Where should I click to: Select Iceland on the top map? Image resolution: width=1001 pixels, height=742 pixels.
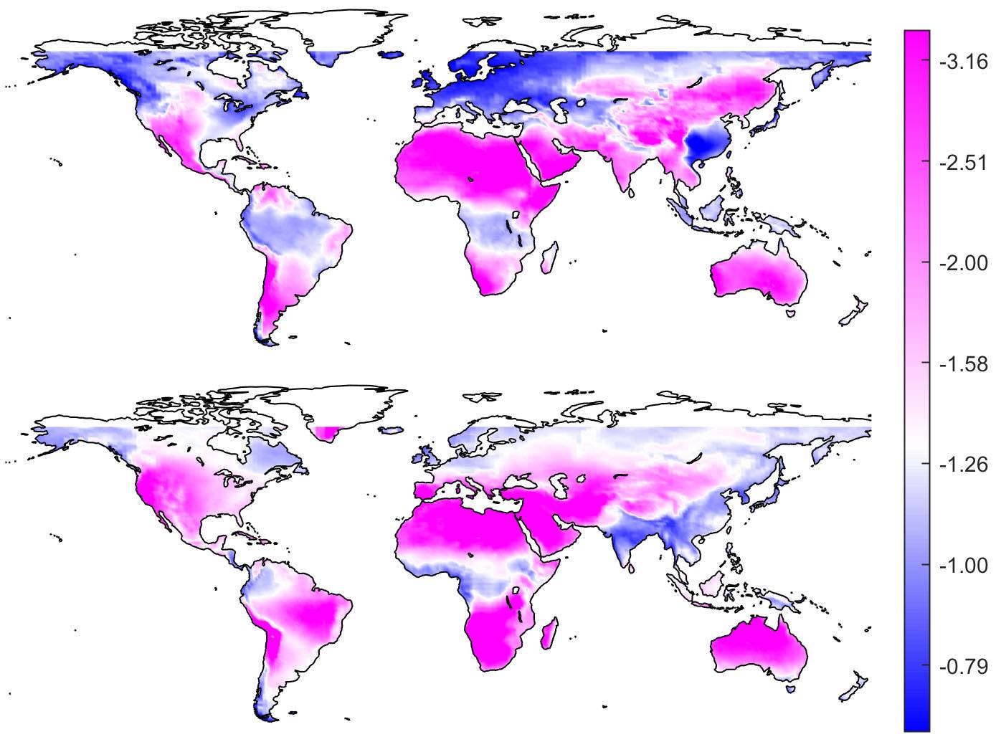tap(392, 54)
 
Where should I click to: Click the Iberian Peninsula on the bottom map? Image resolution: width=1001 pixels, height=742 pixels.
tap(427, 492)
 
